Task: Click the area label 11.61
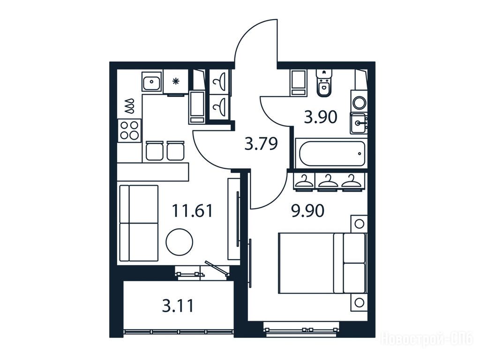(192, 210)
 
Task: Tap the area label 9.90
(307, 211)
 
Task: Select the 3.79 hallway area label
(261, 144)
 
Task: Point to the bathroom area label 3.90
(321, 117)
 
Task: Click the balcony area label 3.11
(178, 306)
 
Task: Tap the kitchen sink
(151, 81)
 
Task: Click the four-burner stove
(129, 130)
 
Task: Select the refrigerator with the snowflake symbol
(175, 82)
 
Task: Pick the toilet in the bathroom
(324, 83)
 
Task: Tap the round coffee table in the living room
(180, 242)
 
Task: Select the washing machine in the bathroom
(359, 101)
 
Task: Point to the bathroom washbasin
(359, 123)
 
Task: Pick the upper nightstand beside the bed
(359, 224)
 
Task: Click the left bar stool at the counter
(154, 151)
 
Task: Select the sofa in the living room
(139, 223)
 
